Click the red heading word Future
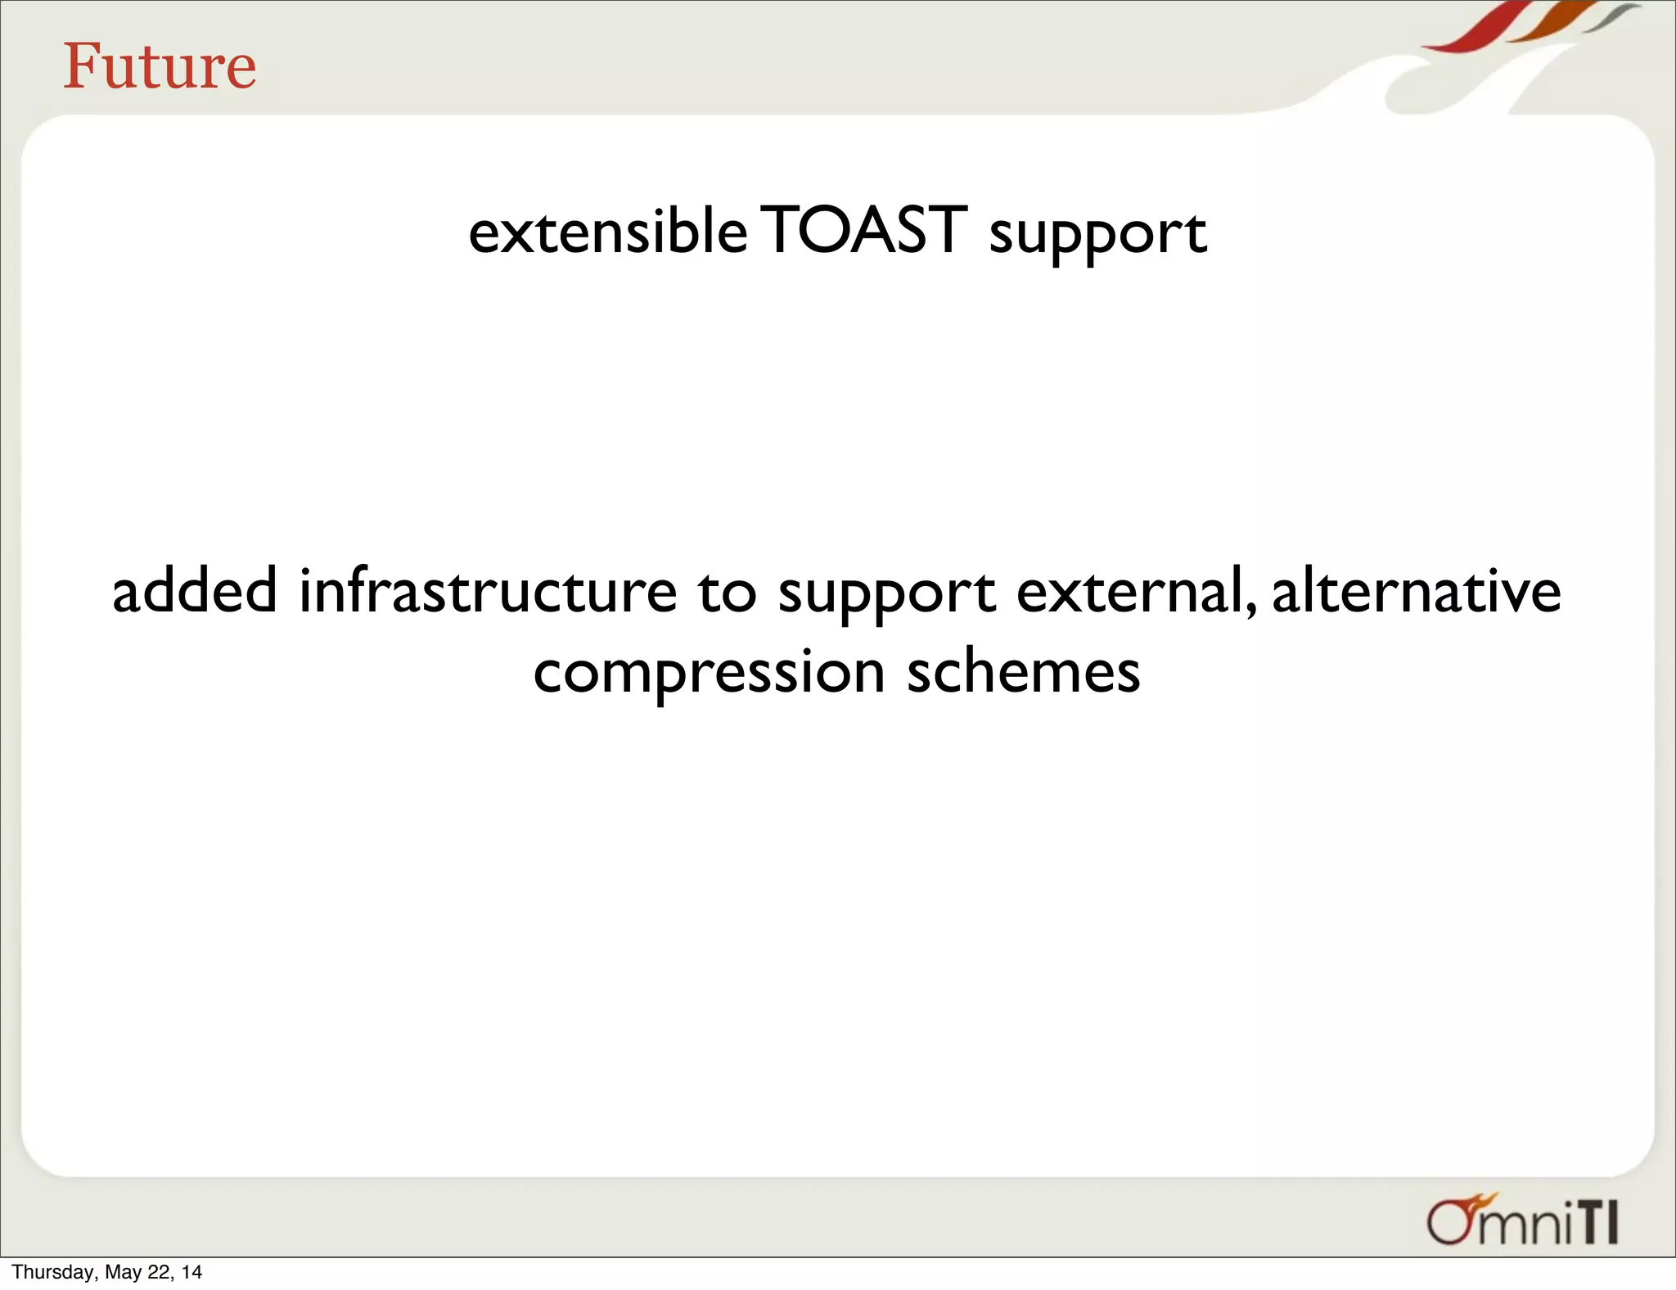[x=160, y=66]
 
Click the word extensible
[x=607, y=232]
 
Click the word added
[x=195, y=591]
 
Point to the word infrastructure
[x=488, y=591]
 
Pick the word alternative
[x=1416, y=591]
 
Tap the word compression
[x=709, y=673]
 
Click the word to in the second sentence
[x=727, y=593]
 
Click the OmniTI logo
[x=1522, y=1222]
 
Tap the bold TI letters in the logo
[x=1597, y=1224]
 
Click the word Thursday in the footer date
[x=54, y=1272]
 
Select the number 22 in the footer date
[x=157, y=1272]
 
